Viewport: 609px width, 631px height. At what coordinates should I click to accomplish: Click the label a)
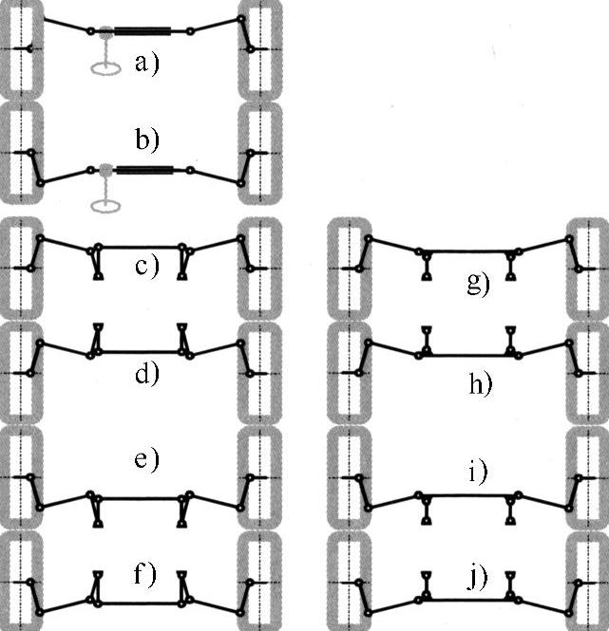[144, 65]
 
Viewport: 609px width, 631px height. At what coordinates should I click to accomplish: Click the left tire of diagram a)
[21, 48]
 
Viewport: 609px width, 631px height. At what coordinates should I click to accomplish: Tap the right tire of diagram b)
[261, 153]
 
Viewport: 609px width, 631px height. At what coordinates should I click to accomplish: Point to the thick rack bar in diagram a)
[143, 31]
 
